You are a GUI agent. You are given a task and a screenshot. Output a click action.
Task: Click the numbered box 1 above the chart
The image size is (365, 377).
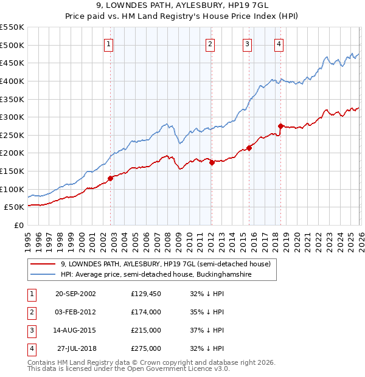[x=108, y=43]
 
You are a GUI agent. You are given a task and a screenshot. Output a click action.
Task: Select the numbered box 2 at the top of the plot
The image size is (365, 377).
[x=209, y=43]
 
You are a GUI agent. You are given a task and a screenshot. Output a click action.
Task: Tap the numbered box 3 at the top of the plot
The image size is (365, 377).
[x=248, y=43]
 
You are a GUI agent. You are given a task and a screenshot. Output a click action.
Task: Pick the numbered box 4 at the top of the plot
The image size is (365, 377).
[x=279, y=43]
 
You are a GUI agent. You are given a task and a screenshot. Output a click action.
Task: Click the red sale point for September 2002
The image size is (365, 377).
[x=111, y=178]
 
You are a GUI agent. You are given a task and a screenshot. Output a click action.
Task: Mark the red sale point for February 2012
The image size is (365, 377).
[x=212, y=162]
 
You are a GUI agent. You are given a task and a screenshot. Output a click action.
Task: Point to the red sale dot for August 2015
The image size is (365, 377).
[x=249, y=148]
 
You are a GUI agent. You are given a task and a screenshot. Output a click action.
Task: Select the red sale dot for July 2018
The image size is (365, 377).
[x=280, y=126]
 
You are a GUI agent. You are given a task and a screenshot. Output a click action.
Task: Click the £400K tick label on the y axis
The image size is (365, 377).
[x=12, y=81]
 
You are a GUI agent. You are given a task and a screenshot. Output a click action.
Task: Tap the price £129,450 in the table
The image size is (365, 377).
[x=145, y=294]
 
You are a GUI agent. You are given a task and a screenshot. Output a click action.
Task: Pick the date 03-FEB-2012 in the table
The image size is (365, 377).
[x=75, y=312]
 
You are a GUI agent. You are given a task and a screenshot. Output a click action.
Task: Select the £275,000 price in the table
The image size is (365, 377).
[x=145, y=348]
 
